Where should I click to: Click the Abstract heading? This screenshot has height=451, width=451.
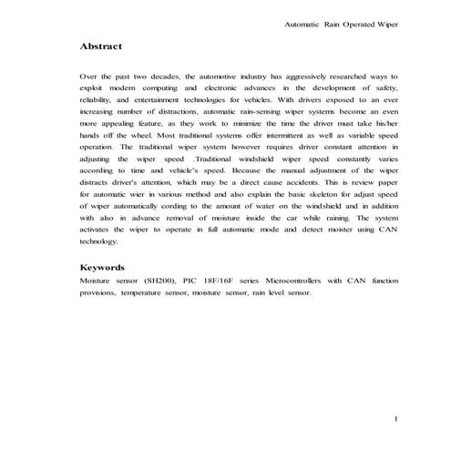(101, 45)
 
